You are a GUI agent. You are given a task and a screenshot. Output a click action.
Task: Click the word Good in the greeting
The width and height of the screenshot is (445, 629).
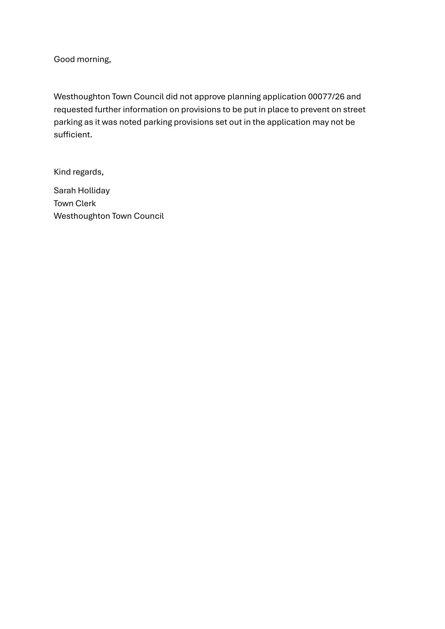click(64, 59)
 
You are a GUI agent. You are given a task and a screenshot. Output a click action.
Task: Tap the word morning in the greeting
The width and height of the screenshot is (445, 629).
click(93, 60)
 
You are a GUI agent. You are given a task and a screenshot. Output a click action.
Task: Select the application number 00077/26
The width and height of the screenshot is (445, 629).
click(326, 97)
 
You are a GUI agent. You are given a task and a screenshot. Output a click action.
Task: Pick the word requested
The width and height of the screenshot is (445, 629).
click(73, 110)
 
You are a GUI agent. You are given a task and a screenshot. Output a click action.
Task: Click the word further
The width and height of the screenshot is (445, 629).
click(108, 109)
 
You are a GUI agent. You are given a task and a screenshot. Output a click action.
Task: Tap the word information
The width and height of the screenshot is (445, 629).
click(145, 109)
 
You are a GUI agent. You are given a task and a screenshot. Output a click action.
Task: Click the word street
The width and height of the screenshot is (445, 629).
click(354, 109)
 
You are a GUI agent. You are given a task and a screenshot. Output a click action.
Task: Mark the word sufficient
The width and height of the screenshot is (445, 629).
click(72, 134)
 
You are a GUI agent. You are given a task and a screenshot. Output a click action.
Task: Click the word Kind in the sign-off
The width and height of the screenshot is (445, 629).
click(62, 172)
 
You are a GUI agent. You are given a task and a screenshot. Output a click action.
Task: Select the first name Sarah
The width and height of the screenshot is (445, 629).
click(65, 190)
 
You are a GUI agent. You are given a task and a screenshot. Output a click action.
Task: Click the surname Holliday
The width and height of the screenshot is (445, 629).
click(94, 191)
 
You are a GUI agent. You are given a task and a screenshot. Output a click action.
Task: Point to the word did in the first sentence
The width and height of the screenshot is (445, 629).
click(171, 97)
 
